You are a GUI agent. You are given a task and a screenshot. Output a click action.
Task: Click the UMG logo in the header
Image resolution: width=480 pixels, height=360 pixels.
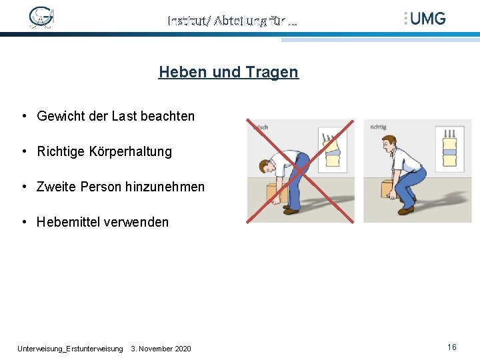coord(425,19)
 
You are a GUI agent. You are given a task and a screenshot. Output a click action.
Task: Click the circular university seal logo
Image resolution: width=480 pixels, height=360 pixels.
coord(41,18)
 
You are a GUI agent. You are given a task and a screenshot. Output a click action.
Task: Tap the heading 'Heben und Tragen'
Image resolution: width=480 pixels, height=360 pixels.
coord(228,72)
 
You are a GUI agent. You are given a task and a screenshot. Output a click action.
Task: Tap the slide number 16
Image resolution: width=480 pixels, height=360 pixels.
coord(452,347)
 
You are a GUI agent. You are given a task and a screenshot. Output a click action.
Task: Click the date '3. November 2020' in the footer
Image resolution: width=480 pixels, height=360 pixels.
coord(161,349)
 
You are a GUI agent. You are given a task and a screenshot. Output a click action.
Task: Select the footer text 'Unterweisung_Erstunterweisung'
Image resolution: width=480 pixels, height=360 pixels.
coord(70,349)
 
